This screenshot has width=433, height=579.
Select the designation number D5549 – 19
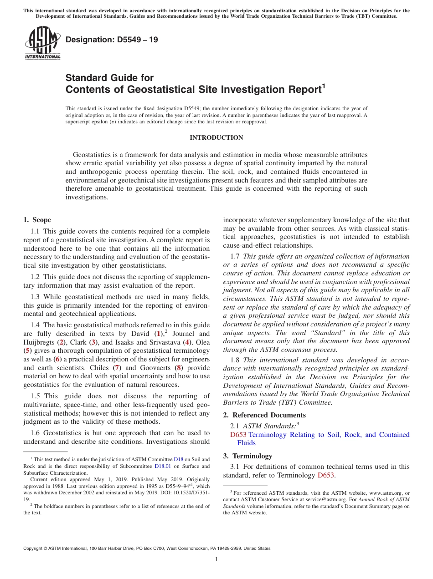[112, 40]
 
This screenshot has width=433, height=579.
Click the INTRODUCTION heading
[216, 138]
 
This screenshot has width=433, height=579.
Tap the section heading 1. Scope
[37, 220]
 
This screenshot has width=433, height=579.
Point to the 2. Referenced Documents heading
[264, 415]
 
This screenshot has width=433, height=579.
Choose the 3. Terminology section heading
[247, 456]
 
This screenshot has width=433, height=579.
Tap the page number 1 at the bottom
[216, 559]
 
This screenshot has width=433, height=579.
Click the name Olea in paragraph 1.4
[203, 342]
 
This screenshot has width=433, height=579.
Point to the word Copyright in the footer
[35, 549]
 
